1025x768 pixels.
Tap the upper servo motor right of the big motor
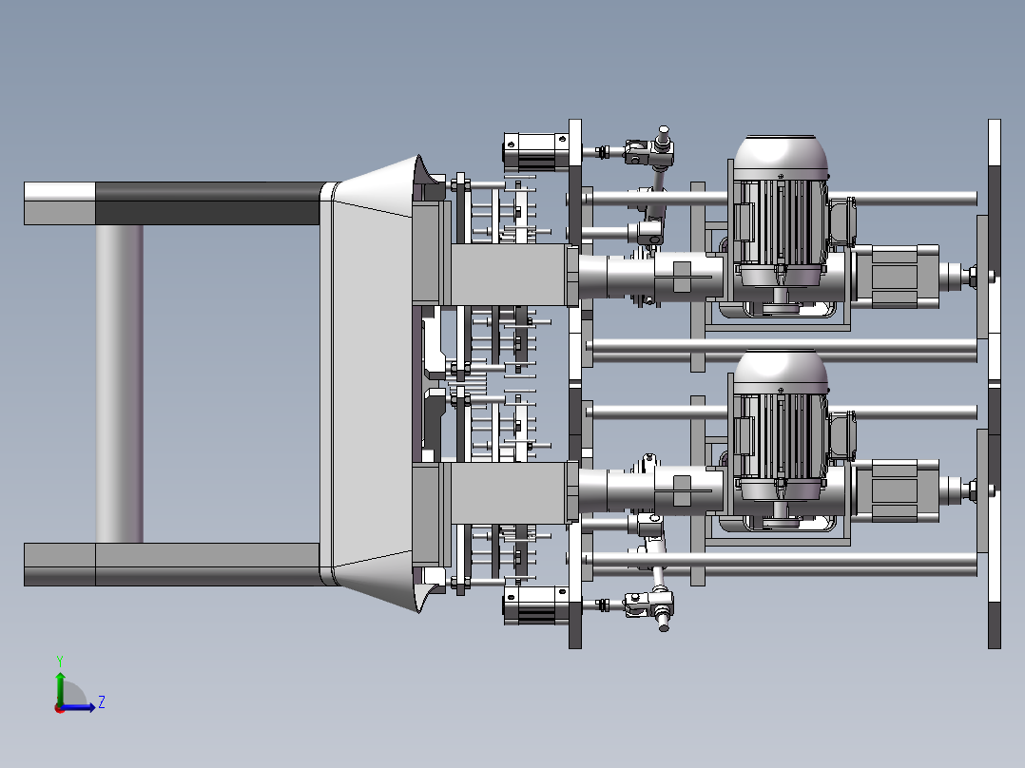pos(899,276)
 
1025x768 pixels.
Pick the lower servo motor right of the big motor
pos(899,490)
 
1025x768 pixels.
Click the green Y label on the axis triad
pos(59,660)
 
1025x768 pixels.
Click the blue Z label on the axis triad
pos(101,702)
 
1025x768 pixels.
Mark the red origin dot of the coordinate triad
pos(58,708)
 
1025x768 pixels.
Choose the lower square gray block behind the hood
pos(504,491)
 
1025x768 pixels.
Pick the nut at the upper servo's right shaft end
pos(975,277)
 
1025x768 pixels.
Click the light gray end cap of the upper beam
pos(59,202)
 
